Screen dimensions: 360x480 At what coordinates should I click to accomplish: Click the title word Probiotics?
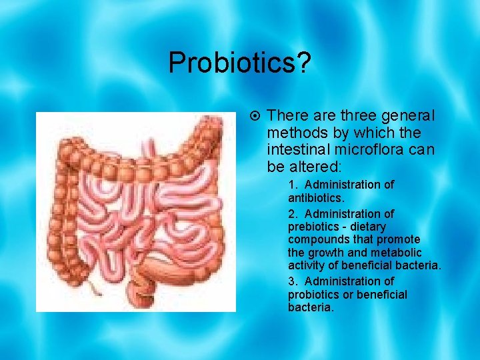(239, 63)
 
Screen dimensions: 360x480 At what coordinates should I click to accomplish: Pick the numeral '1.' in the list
(293, 185)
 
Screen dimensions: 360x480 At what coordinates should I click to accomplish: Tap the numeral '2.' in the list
(293, 214)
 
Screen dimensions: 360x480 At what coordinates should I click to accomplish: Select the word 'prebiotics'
(313, 227)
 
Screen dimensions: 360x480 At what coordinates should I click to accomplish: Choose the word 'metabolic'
(399, 253)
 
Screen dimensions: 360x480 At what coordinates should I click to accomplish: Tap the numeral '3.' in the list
(293, 281)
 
